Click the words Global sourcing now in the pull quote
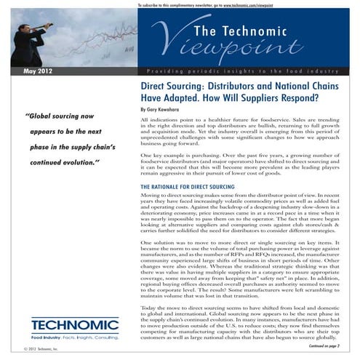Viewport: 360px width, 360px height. coord(65,115)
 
